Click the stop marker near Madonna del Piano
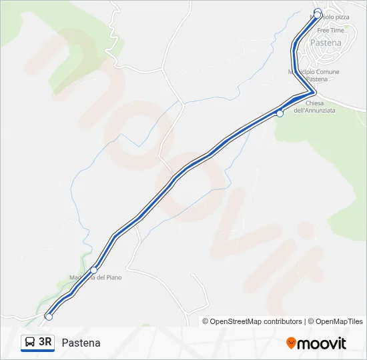click(94, 270)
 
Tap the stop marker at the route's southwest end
click(48, 317)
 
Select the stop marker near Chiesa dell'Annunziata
click(280, 113)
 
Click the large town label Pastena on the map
click(326, 43)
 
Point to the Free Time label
click(331, 31)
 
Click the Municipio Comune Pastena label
click(314, 75)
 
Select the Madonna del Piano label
click(95, 277)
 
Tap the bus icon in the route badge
click(30, 343)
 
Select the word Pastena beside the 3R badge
click(81, 343)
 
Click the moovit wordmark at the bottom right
click(322, 343)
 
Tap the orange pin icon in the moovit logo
click(291, 343)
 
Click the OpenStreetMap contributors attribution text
click(252, 321)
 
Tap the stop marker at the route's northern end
click(318, 13)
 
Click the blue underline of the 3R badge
click(37, 351)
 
